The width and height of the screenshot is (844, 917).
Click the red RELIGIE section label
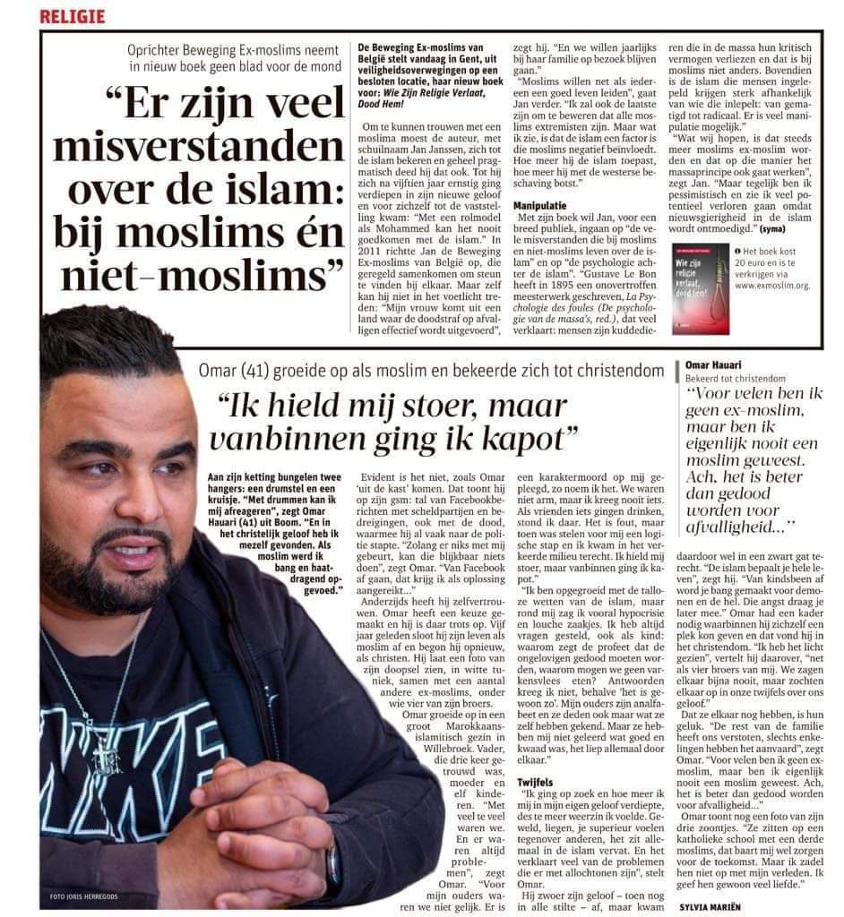(73, 16)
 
